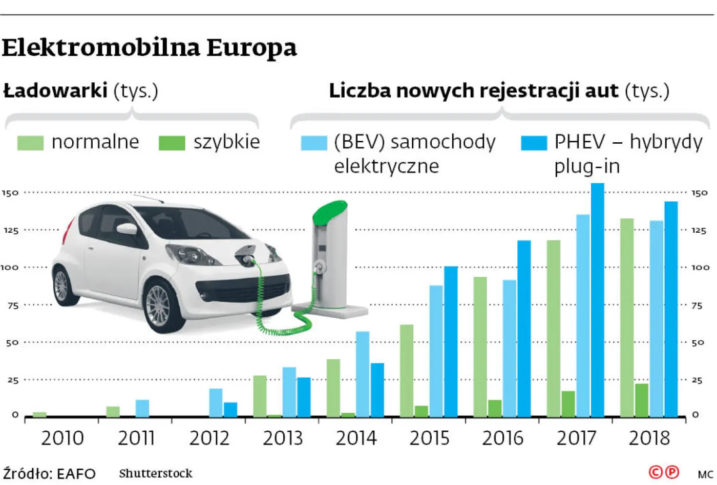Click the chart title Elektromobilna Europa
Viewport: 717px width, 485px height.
click(x=149, y=48)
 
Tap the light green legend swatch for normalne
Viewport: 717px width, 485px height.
click(x=30, y=143)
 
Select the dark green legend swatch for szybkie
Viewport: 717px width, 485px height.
click(x=172, y=143)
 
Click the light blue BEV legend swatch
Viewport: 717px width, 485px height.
click(x=313, y=143)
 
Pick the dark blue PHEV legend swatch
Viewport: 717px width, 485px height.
click(x=534, y=143)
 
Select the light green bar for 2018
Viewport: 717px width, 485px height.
click(x=627, y=318)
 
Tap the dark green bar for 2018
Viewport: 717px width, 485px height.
click(x=642, y=400)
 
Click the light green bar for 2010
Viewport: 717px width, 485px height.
click(x=39, y=414)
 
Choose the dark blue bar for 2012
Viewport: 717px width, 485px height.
click(x=230, y=410)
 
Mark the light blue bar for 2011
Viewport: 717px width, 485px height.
click(x=142, y=408)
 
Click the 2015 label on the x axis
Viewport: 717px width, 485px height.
click(x=429, y=438)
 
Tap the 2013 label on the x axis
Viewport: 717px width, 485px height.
click(x=283, y=438)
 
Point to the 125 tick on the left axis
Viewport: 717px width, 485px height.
click(x=11, y=231)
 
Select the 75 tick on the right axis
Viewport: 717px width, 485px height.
click(x=697, y=305)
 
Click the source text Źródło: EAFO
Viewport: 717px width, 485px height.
click(x=49, y=474)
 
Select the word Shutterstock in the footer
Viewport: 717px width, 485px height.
click(x=156, y=474)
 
